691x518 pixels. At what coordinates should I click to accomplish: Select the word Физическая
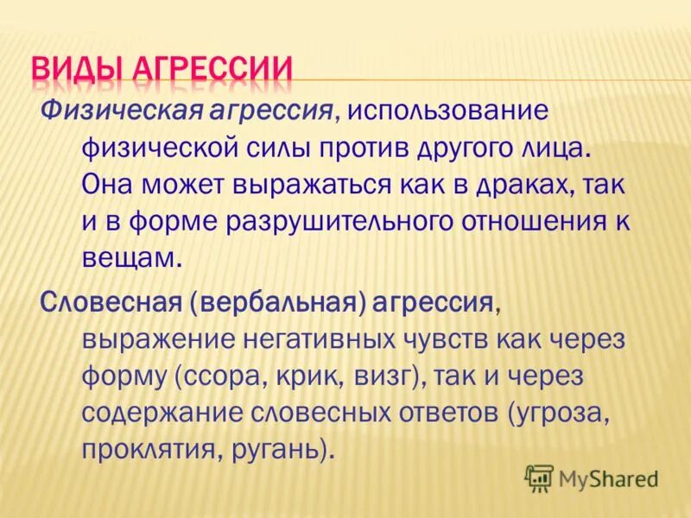(117, 111)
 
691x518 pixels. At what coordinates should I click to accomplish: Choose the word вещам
(130, 257)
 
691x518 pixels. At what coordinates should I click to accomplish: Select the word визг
(377, 376)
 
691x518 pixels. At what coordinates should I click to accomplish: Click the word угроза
(561, 413)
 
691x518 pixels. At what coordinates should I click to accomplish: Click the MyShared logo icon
(538, 477)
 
